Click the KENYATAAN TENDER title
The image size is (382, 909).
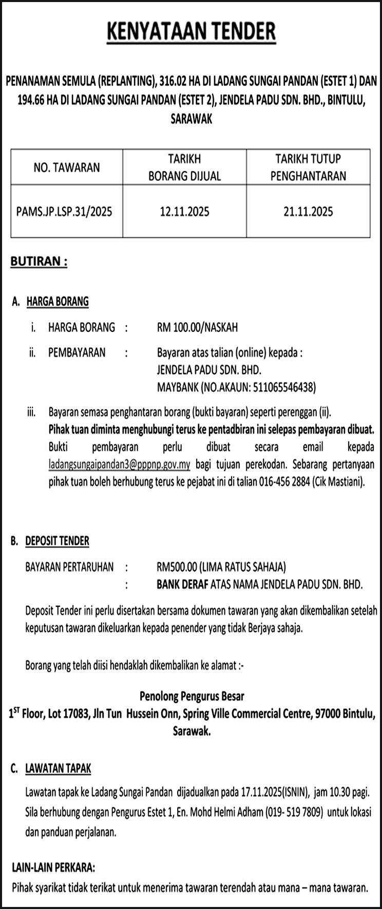click(x=191, y=32)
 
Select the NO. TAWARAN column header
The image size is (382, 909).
click(x=67, y=167)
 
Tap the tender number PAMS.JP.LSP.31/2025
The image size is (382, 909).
click(x=64, y=211)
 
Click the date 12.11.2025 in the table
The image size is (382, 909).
click(x=184, y=211)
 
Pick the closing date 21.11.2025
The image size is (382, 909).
click(x=308, y=211)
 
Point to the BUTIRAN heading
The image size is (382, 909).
click(x=39, y=262)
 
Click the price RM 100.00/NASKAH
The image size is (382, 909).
click(x=197, y=327)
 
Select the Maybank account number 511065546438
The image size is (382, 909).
click(x=282, y=387)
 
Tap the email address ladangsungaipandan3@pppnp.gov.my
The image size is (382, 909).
click(x=119, y=465)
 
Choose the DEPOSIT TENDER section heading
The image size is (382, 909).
click(x=57, y=541)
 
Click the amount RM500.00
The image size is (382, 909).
click(x=177, y=567)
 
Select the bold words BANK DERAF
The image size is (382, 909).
click(x=182, y=584)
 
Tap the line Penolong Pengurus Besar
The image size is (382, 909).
click(x=192, y=696)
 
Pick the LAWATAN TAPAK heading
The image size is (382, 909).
click(x=58, y=768)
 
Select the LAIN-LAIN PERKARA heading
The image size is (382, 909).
click(x=53, y=868)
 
